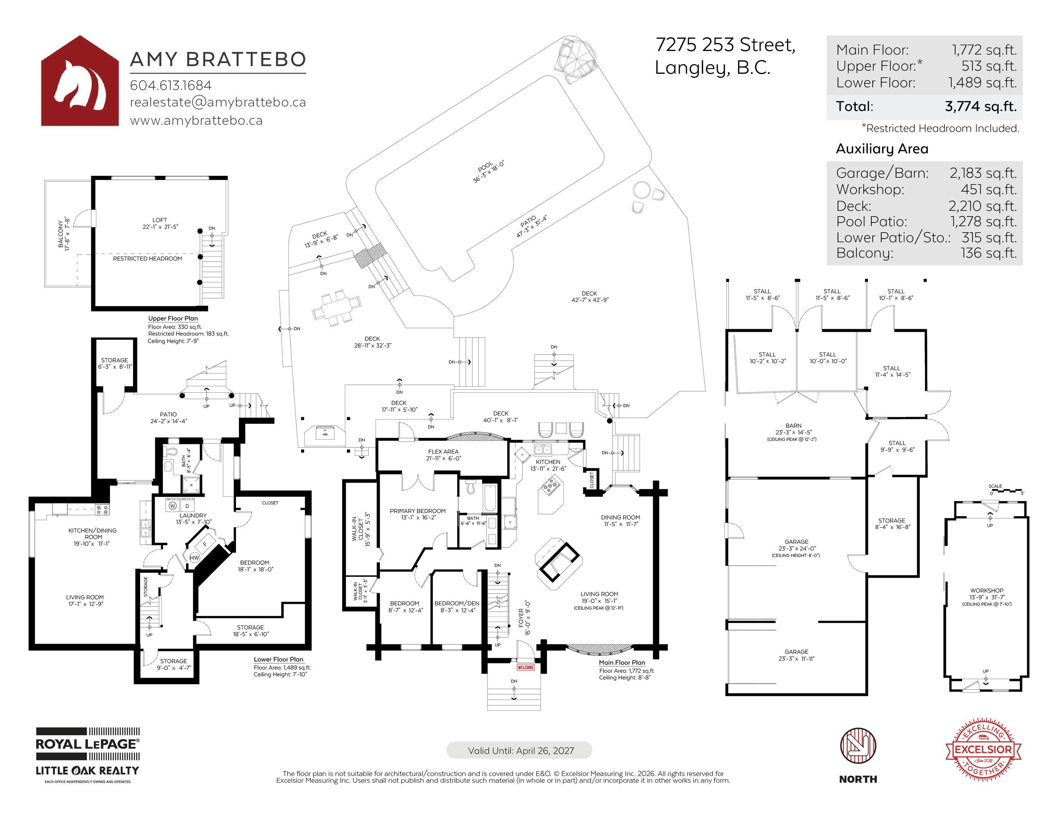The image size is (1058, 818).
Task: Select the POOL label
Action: click(486, 167)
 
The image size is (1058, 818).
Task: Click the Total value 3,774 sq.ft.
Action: click(981, 106)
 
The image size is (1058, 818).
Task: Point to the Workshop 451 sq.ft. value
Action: click(989, 190)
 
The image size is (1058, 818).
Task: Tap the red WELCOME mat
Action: click(526, 667)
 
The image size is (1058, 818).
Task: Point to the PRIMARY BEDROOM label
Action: click(418, 511)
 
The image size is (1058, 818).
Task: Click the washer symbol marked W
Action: click(172, 506)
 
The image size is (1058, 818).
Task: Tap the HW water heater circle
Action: click(194, 558)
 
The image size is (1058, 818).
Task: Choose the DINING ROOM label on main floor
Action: click(620, 518)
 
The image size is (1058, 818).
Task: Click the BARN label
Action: click(794, 425)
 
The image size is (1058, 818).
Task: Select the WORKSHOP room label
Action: click(987, 591)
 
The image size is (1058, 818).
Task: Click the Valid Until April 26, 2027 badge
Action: click(519, 750)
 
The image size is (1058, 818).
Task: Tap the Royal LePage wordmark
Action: click(88, 744)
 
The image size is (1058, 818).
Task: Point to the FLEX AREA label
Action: click(443, 452)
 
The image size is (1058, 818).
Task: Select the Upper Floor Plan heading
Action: click(173, 318)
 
